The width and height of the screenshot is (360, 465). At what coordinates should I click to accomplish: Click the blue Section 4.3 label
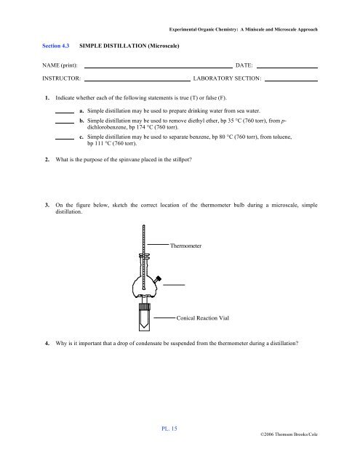[57, 46]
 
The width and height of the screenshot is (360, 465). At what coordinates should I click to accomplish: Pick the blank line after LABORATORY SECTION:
[291, 80]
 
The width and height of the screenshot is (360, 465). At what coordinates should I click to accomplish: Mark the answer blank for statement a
[65, 112]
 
